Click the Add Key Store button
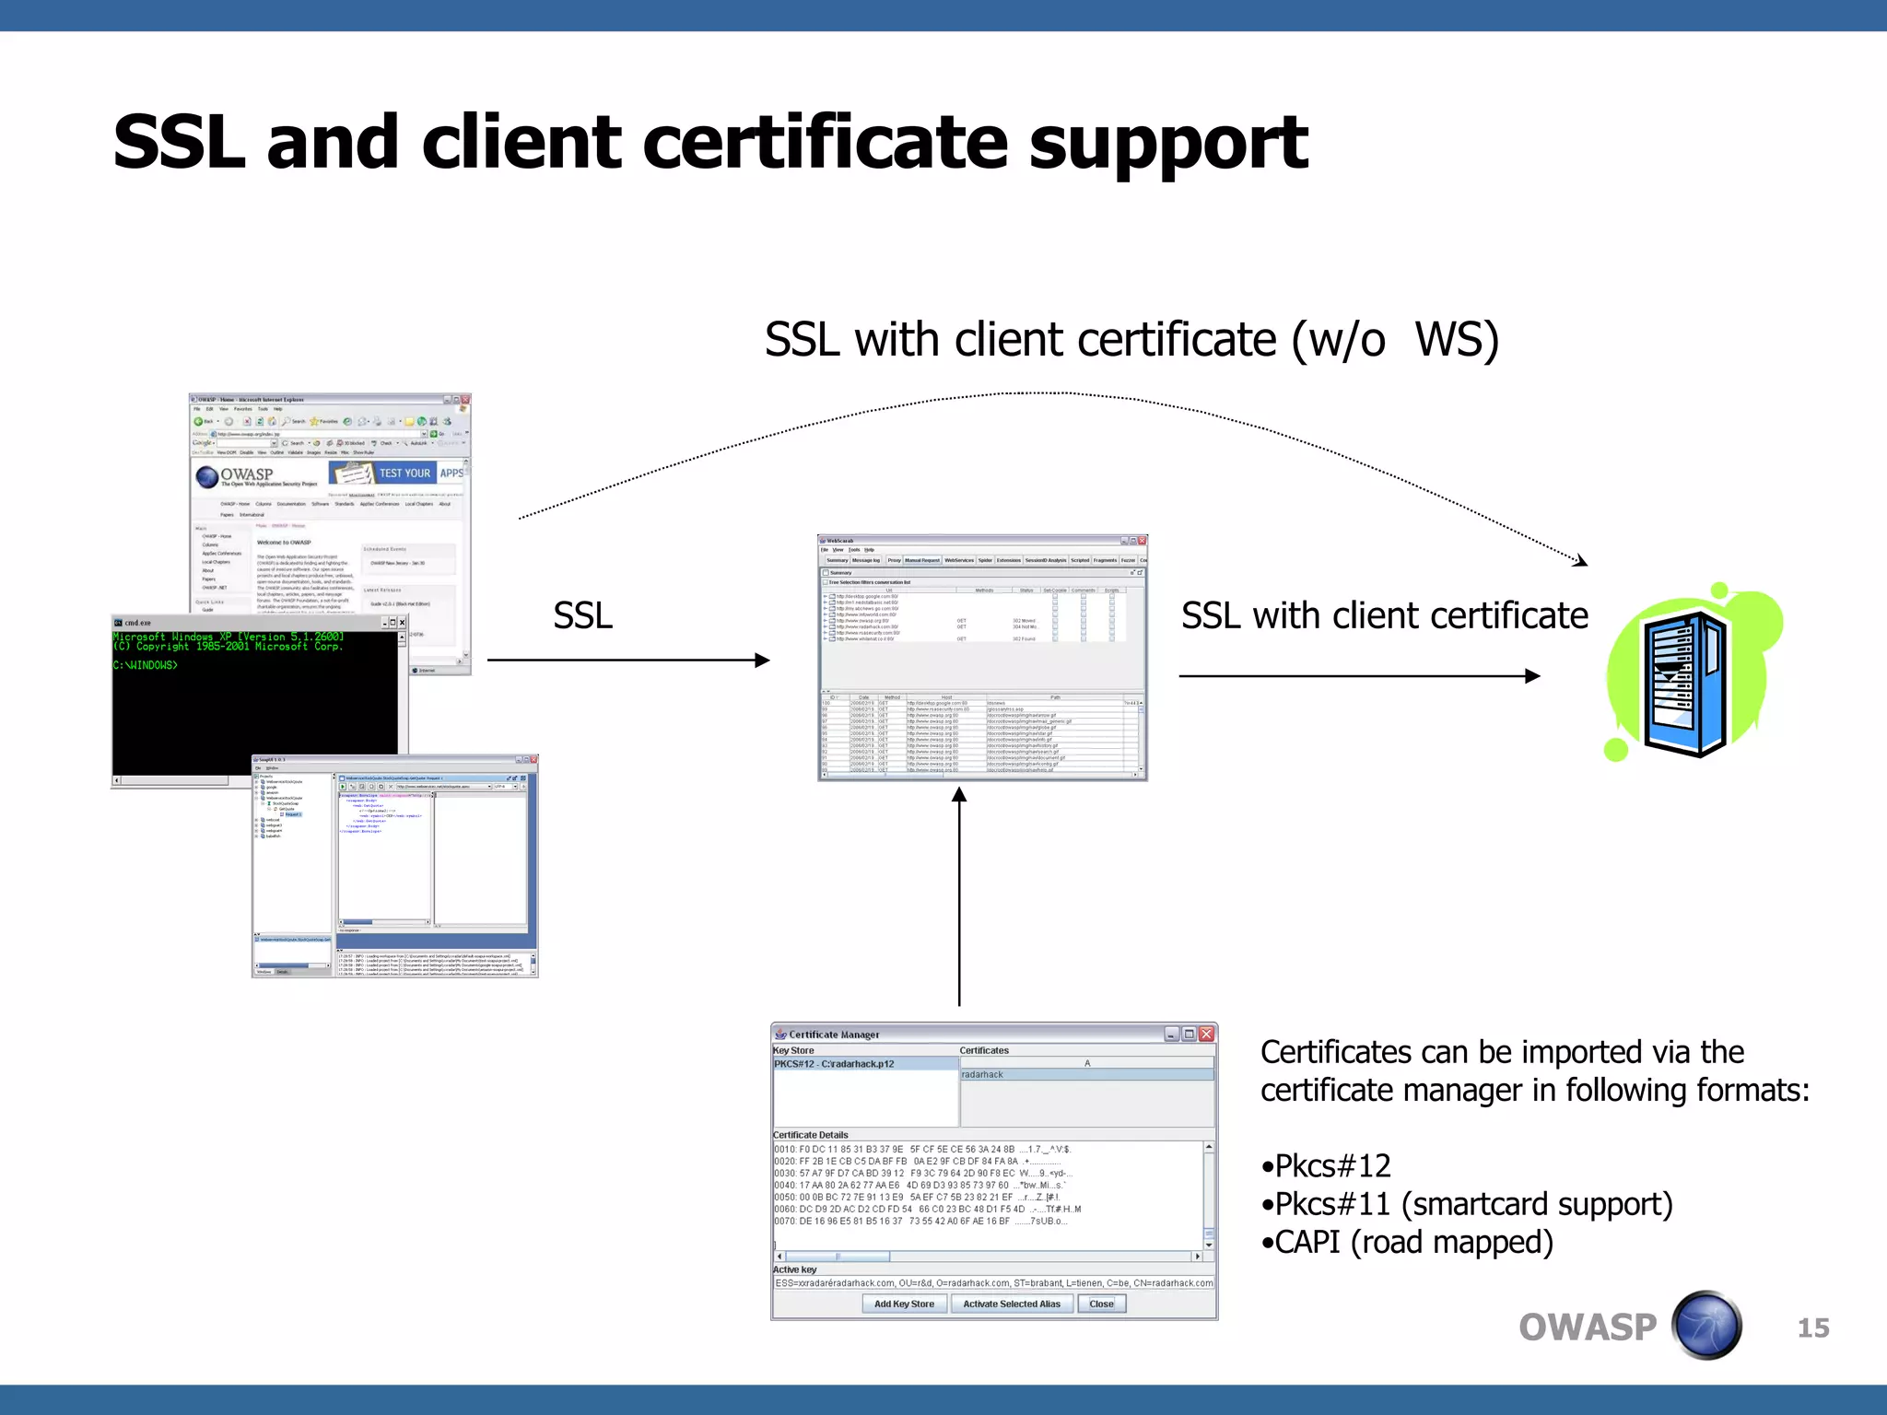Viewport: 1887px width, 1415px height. point(904,1304)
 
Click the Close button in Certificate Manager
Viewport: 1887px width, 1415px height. point(1101,1304)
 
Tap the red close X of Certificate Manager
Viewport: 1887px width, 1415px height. point(1207,1035)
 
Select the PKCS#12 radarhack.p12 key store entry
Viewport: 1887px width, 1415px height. point(835,1064)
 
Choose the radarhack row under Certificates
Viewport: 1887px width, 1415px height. point(983,1075)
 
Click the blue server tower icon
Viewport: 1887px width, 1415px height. point(1685,682)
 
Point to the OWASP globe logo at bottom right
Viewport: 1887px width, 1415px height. point(1706,1327)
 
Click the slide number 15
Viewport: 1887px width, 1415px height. point(1812,1328)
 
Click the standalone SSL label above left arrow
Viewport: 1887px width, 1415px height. point(582,615)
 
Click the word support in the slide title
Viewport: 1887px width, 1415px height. point(1168,143)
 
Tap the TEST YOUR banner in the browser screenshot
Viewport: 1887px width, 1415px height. point(404,473)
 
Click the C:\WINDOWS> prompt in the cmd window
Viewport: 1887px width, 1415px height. point(146,665)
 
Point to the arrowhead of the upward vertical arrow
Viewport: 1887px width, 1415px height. point(959,795)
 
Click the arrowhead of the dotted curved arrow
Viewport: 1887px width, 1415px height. point(1581,560)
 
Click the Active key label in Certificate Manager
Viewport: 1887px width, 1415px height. point(795,1269)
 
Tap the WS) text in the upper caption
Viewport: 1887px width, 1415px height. point(1457,340)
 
